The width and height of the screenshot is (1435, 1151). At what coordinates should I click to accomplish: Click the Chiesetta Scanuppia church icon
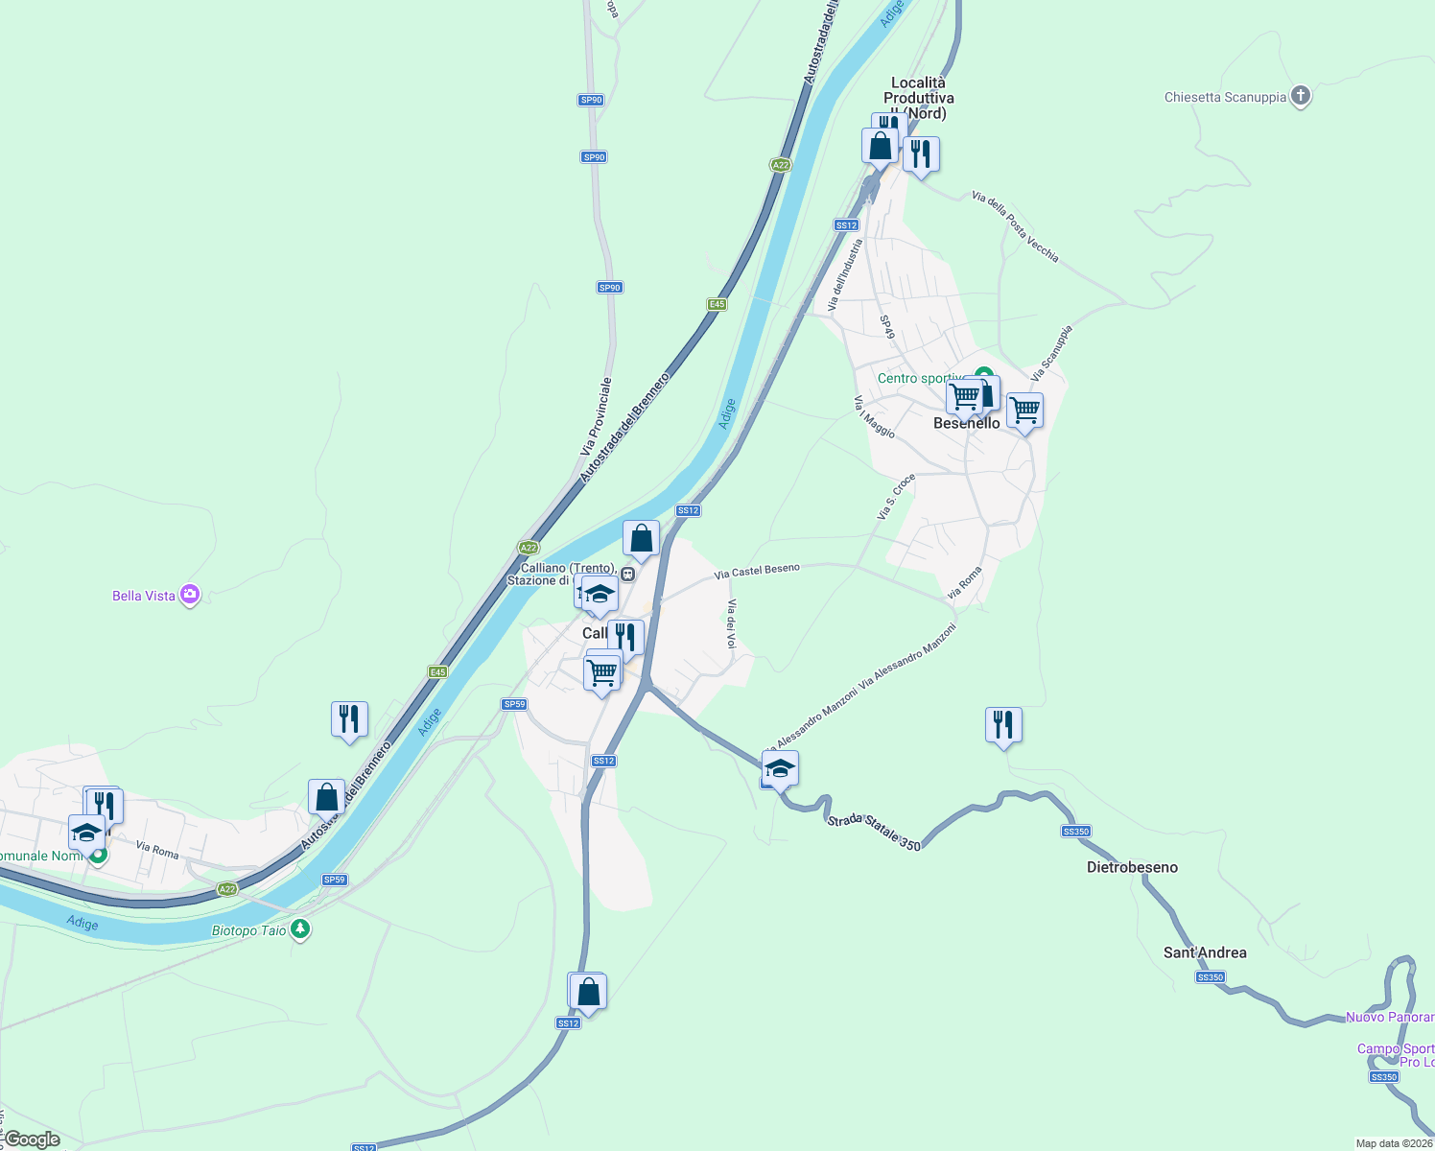tap(1300, 96)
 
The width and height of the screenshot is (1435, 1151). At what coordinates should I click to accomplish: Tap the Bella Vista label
tap(144, 596)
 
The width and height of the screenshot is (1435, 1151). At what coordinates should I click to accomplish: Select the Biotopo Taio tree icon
tap(300, 929)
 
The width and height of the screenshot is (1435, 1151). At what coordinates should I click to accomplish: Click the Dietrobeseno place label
tap(1132, 867)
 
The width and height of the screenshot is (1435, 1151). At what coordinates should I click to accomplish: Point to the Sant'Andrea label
tap(1205, 952)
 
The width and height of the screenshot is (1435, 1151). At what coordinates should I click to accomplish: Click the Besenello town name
tap(967, 423)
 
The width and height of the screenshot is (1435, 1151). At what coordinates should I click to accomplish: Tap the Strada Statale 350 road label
tap(873, 832)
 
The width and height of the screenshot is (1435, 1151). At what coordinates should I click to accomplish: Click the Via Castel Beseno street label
tap(757, 571)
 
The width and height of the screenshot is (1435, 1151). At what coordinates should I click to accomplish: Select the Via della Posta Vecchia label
tap(1015, 226)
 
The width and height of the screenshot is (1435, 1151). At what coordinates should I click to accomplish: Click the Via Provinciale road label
tap(596, 416)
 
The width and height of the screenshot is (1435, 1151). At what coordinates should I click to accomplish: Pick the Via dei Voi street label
tap(731, 623)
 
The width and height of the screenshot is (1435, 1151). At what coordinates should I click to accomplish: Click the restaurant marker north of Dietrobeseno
tap(1003, 725)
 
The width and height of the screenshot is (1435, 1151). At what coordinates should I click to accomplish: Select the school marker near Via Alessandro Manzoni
tap(780, 768)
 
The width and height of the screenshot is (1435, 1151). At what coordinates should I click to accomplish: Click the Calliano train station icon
tap(627, 575)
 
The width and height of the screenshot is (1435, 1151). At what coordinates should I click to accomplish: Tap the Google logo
tap(33, 1139)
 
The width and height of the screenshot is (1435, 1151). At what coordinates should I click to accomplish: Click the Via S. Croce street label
tap(896, 497)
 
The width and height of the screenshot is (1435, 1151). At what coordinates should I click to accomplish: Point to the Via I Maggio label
tap(874, 417)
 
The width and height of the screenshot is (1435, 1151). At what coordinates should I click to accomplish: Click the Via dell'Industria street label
tap(846, 274)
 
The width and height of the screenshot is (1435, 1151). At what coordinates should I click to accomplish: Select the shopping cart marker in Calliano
tap(601, 673)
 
